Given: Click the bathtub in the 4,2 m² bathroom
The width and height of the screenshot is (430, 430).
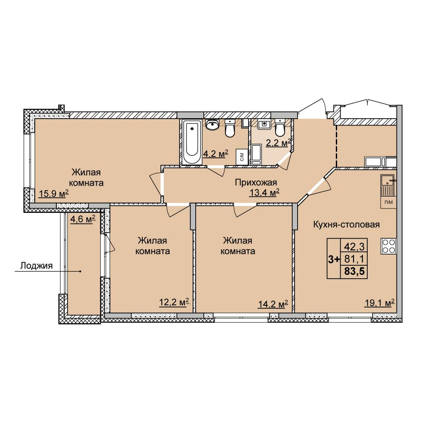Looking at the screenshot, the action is click(192, 143).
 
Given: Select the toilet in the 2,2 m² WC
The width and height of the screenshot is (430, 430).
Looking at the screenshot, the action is click(279, 128).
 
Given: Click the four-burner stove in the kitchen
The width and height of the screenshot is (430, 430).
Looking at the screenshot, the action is click(388, 246).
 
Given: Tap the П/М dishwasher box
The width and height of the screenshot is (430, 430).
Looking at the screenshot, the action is click(388, 203).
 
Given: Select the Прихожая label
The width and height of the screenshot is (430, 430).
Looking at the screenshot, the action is click(256, 182).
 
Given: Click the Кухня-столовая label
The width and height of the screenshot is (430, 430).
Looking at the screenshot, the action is click(346, 224).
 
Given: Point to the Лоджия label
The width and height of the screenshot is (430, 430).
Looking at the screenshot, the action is click(37, 266).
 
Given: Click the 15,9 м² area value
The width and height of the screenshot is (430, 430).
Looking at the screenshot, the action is click(54, 194).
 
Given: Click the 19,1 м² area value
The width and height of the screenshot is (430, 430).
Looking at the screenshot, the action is click(379, 303).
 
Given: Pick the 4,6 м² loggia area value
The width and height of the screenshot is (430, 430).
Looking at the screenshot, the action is click(83, 219).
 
